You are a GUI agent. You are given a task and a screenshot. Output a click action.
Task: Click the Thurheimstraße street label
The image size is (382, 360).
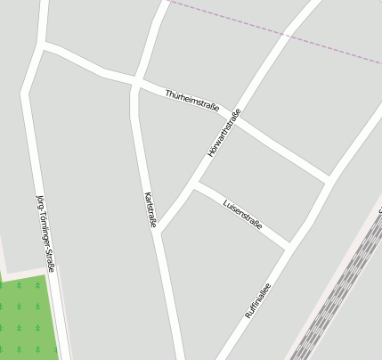(191, 100)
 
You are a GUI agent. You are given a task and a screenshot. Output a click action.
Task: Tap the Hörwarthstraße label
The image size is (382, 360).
(224, 134)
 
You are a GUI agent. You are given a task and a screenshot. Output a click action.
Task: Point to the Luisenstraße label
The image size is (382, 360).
(242, 214)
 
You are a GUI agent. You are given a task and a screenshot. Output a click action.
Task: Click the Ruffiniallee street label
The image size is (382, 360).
(257, 300)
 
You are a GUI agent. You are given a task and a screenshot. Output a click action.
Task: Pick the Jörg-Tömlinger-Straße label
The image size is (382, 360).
(45, 233)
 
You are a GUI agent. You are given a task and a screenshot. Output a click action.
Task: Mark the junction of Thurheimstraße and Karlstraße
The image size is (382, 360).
(135, 83)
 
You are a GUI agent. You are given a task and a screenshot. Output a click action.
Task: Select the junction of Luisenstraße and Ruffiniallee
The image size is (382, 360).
(289, 244)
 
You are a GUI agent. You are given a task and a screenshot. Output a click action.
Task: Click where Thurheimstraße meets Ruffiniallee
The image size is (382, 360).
(329, 178)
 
